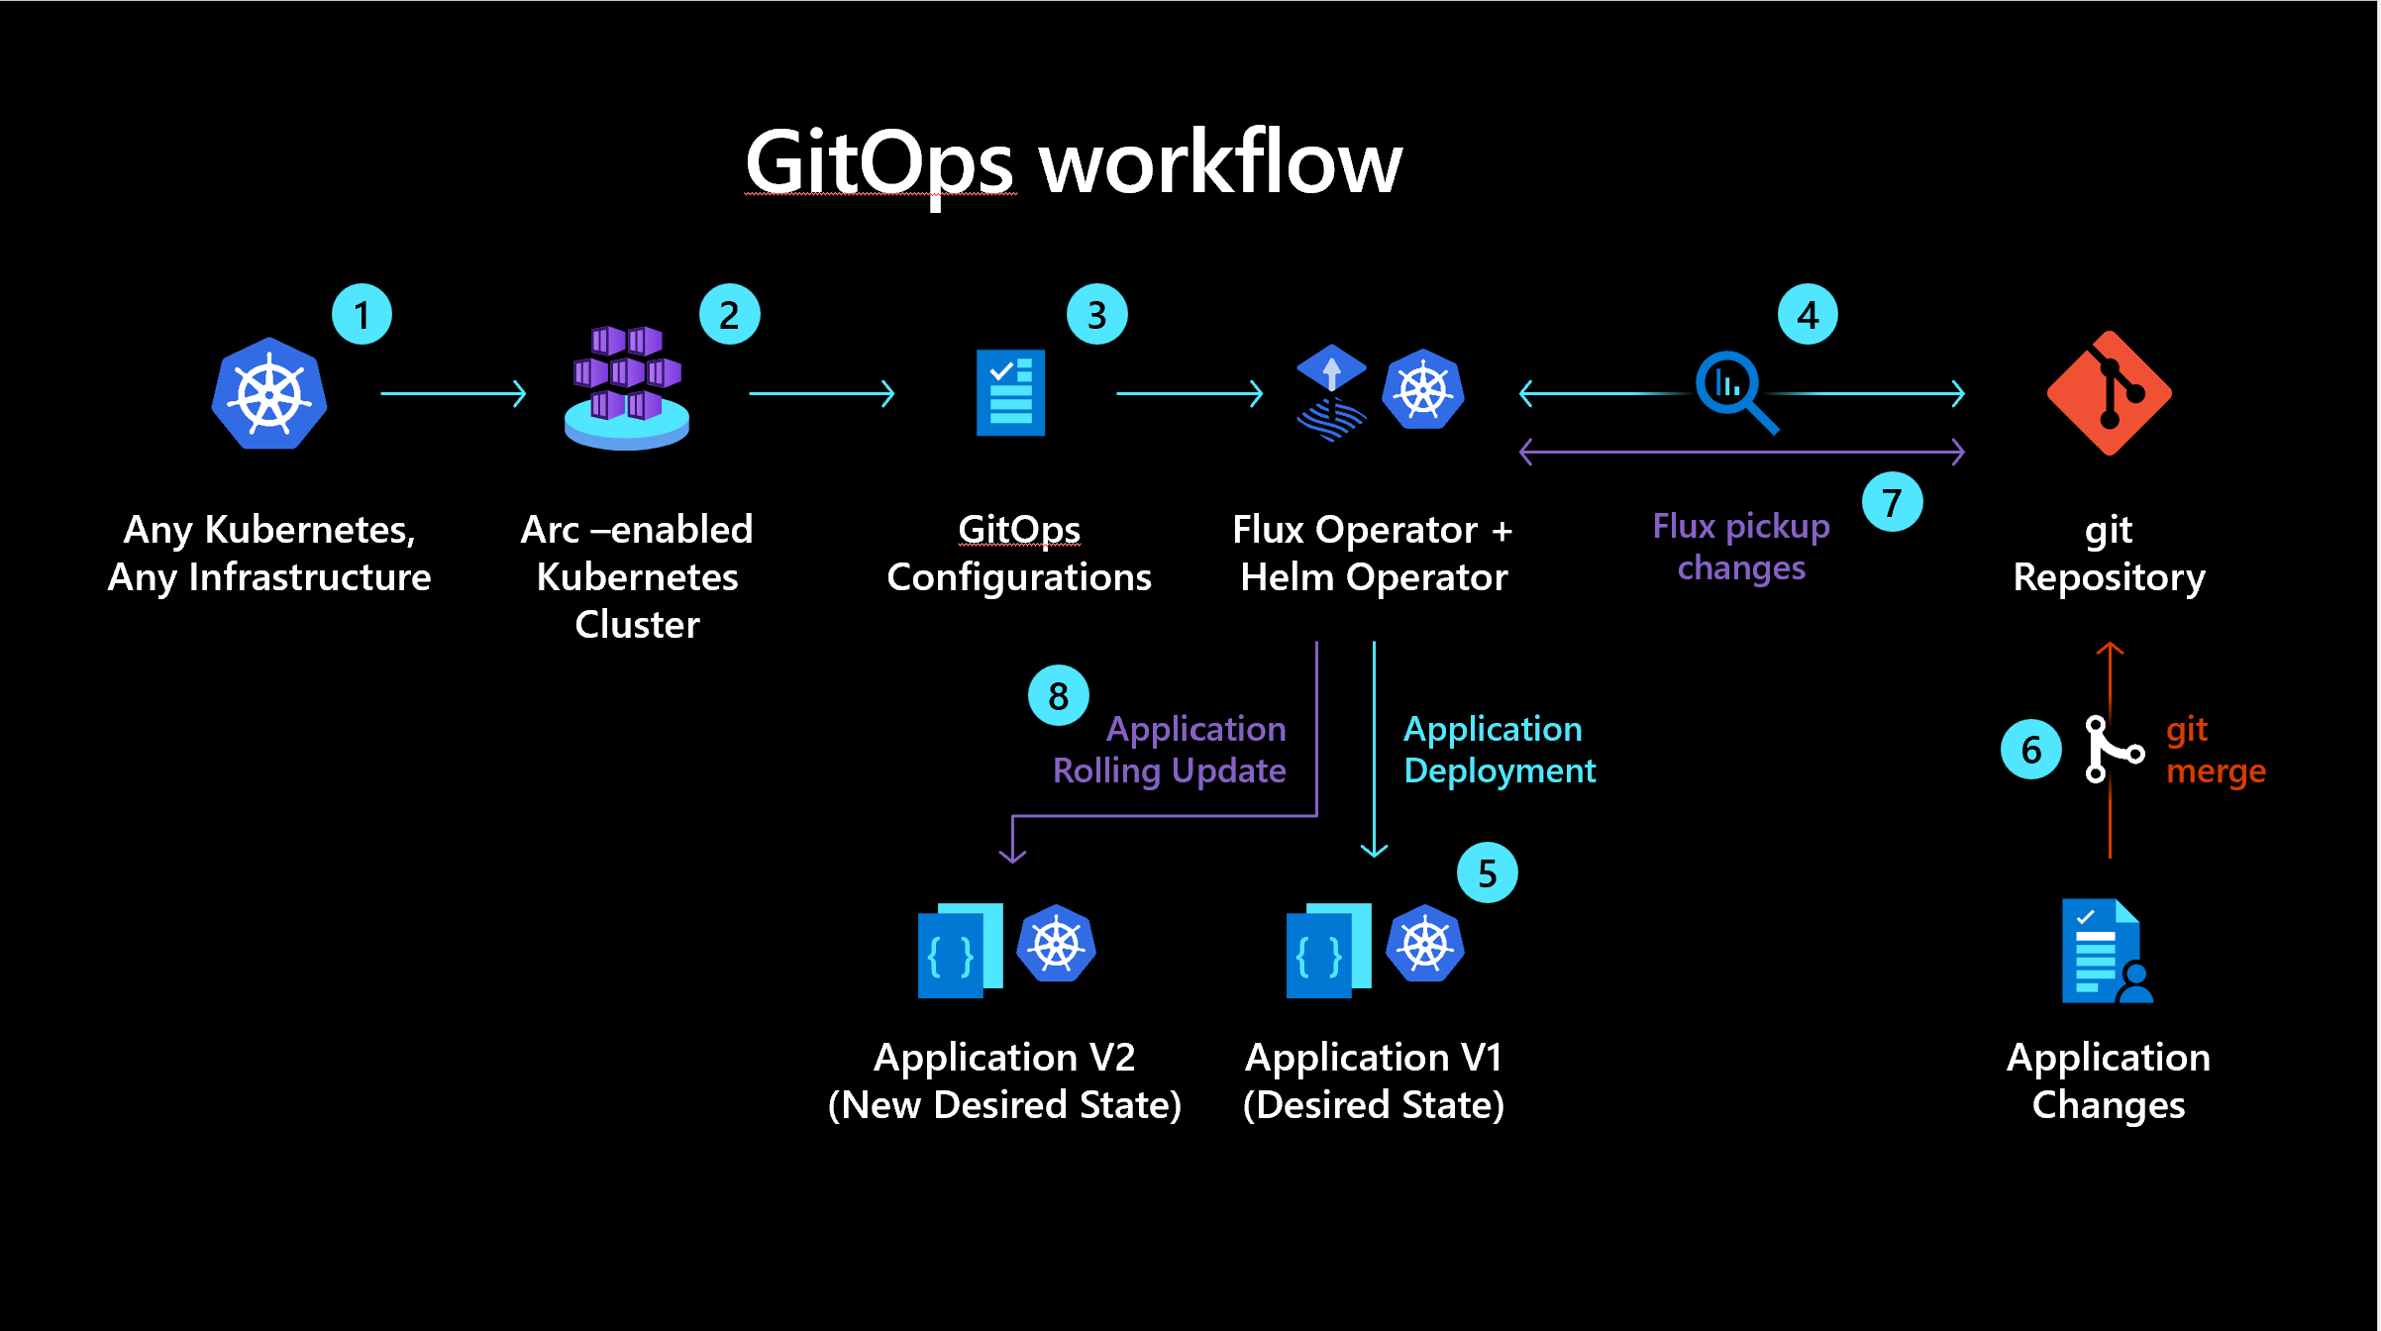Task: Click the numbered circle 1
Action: tap(362, 315)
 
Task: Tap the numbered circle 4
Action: tap(1808, 315)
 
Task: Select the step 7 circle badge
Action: tap(1892, 502)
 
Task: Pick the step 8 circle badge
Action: tap(1058, 695)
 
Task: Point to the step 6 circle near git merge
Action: tap(2030, 750)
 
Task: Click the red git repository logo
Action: tap(2110, 393)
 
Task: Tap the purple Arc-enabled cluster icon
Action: tap(627, 387)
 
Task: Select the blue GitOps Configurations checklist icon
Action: tap(1010, 392)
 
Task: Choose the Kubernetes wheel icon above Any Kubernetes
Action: tap(269, 394)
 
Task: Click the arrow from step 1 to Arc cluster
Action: tap(453, 394)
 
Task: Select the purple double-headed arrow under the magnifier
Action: tap(1741, 453)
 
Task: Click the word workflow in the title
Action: tap(1220, 162)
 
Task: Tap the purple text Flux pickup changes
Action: tap(1741, 547)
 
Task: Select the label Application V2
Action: tap(1004, 1058)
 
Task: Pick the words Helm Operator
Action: tap(1374, 577)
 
